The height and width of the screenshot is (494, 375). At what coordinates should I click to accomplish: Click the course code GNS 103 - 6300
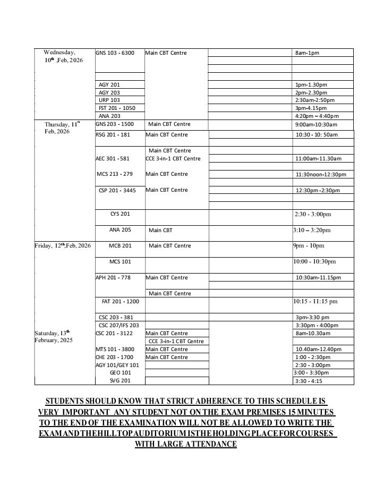[115, 53]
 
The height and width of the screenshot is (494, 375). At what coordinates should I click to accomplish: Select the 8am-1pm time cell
[307, 53]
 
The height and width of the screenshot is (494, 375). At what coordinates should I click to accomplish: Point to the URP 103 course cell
[109, 100]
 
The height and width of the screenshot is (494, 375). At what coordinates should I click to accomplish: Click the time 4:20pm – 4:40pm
[316, 116]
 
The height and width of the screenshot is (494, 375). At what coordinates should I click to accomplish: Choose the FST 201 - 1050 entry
[117, 108]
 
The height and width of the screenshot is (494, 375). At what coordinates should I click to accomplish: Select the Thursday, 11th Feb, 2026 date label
[62, 127]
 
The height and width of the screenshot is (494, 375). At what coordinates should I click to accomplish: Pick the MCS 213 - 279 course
[115, 174]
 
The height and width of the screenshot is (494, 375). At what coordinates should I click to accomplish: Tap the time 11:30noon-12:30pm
[321, 174]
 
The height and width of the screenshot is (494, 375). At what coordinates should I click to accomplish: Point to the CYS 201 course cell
[120, 214]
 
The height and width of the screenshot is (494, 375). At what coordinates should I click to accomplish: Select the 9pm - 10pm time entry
[308, 245]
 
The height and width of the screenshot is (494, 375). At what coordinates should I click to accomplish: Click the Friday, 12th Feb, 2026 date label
[63, 245]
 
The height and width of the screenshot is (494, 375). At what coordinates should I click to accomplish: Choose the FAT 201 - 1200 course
[120, 301]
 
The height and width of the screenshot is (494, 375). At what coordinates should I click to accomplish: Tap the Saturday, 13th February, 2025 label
[55, 336]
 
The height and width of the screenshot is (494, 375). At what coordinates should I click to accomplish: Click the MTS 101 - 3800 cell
[114, 349]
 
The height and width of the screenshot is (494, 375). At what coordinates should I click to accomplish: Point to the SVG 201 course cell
[120, 380]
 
